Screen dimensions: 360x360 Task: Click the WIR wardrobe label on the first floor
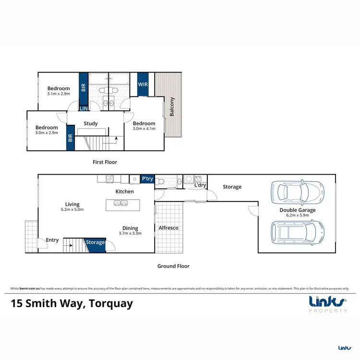pyautogui.click(x=143, y=84)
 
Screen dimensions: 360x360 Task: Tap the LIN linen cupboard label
pyautogui.click(x=83, y=109)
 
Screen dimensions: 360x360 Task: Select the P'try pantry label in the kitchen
pyautogui.click(x=147, y=179)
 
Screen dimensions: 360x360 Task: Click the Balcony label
pyautogui.click(x=172, y=107)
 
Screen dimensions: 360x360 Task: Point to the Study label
pyautogui.click(x=91, y=123)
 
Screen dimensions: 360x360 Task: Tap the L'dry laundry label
pyautogui.click(x=200, y=185)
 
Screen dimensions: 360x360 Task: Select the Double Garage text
pyautogui.click(x=298, y=210)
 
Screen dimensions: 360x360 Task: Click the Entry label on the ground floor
pyautogui.click(x=52, y=240)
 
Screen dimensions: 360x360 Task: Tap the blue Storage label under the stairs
pyautogui.click(x=95, y=242)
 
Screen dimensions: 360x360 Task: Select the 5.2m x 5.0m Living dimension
pyautogui.click(x=72, y=210)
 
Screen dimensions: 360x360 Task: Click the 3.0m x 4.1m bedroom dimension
pyautogui.click(x=144, y=129)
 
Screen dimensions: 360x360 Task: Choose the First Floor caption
pyautogui.click(x=105, y=162)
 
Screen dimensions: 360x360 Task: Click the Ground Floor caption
pyautogui.click(x=174, y=266)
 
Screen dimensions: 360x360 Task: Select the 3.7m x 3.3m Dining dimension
pyautogui.click(x=130, y=234)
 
